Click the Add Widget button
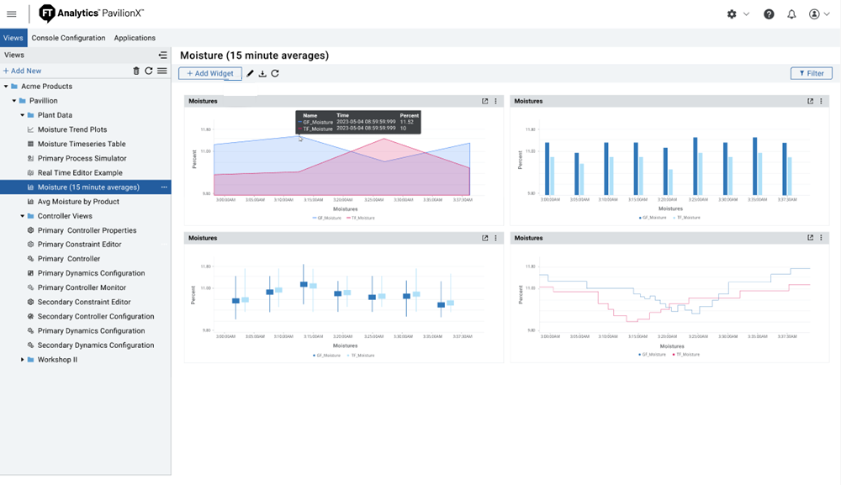(x=210, y=73)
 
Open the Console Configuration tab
(x=68, y=38)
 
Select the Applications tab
(x=135, y=38)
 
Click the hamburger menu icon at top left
(x=12, y=14)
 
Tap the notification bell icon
(x=791, y=14)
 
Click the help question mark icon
(x=769, y=14)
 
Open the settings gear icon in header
(x=732, y=14)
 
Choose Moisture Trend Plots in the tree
(x=72, y=129)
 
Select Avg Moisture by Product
(x=78, y=202)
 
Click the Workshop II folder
(x=57, y=360)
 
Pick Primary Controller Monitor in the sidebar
(x=82, y=287)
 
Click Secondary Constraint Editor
(x=84, y=302)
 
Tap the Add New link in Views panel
(x=23, y=71)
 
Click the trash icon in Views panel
(x=136, y=71)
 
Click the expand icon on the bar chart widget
(x=811, y=101)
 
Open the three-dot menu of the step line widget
(x=821, y=238)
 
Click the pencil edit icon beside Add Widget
(x=250, y=73)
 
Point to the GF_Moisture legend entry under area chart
(x=327, y=218)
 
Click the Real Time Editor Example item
(x=79, y=172)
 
